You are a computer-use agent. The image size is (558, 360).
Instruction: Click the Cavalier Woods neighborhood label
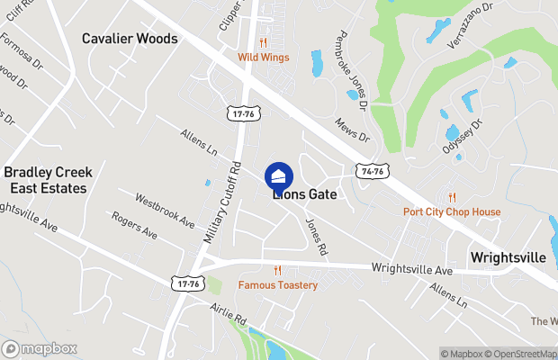pos(130,39)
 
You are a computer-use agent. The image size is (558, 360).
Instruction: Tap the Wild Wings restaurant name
pos(264,58)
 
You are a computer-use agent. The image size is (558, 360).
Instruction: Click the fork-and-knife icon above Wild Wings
pos(264,42)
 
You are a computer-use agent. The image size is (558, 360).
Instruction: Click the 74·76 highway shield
pos(371,171)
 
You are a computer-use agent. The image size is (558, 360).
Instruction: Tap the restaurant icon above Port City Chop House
pos(452,197)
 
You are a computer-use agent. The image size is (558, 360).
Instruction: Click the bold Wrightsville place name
pos(508,257)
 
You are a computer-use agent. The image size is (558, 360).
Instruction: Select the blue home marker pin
pos(279,175)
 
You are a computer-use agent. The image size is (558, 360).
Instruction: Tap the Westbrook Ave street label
pos(165,209)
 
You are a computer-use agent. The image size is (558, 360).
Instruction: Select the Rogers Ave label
pos(135,225)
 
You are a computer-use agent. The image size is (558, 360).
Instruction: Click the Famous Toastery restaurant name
pos(278,285)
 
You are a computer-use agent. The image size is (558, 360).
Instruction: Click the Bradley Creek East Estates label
pos(45,180)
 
